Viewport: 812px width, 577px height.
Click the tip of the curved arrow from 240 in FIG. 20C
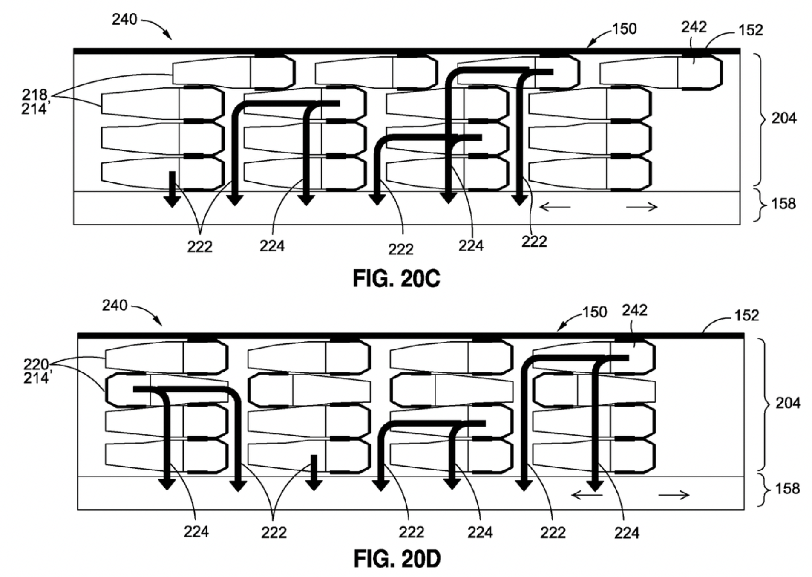[172, 40]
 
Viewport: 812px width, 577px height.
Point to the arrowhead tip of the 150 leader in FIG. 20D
[557, 331]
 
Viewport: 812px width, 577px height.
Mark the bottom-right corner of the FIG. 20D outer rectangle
[744, 509]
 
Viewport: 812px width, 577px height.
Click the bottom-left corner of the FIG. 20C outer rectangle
[74, 224]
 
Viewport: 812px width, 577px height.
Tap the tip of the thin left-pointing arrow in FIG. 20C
[539, 207]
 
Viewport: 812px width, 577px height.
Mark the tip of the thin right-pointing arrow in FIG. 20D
[689, 495]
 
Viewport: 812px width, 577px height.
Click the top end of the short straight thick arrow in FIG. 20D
[314, 456]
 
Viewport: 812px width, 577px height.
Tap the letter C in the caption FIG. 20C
[432, 279]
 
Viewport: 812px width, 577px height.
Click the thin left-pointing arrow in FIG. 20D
[587, 495]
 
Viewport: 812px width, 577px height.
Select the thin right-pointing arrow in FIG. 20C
[642, 207]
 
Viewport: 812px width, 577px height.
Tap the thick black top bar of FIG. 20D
[411, 336]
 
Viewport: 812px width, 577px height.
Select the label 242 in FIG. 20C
[694, 27]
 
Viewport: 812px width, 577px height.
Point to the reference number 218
[35, 95]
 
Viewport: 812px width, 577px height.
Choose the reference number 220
[36, 364]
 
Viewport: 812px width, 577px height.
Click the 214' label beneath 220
[37, 378]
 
